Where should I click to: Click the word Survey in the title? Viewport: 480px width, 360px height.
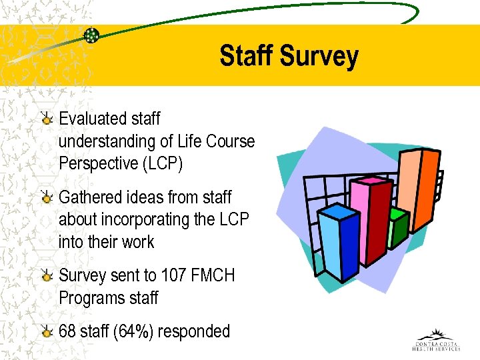[x=319, y=56]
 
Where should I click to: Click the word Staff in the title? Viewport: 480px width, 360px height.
[x=247, y=56]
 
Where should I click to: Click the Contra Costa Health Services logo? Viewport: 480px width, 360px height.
[x=436, y=340]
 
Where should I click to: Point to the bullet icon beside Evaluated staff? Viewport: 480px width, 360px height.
[x=46, y=119]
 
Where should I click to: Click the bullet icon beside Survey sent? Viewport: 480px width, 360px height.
[x=46, y=276]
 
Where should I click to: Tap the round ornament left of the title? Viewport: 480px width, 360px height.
[x=91, y=35]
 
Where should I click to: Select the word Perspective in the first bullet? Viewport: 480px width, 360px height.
[x=100, y=163]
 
